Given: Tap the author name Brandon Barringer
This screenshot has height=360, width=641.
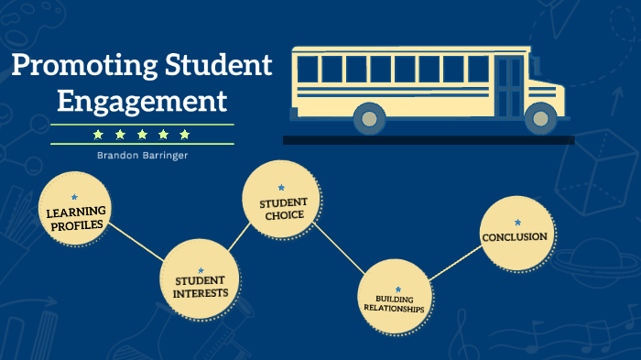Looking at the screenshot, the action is point(142,155).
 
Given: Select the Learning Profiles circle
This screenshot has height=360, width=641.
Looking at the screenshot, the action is point(76,213).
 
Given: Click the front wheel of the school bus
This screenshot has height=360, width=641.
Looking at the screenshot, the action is point(539,116).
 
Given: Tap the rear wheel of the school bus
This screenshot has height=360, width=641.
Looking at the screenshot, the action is point(369,116).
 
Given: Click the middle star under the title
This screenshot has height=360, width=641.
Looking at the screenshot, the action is point(142,135).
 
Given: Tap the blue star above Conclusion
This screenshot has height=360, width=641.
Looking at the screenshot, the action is point(516,222).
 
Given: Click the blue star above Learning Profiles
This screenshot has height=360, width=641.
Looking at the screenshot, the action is point(75,197).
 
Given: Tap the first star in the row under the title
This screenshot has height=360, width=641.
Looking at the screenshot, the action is point(98,135).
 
